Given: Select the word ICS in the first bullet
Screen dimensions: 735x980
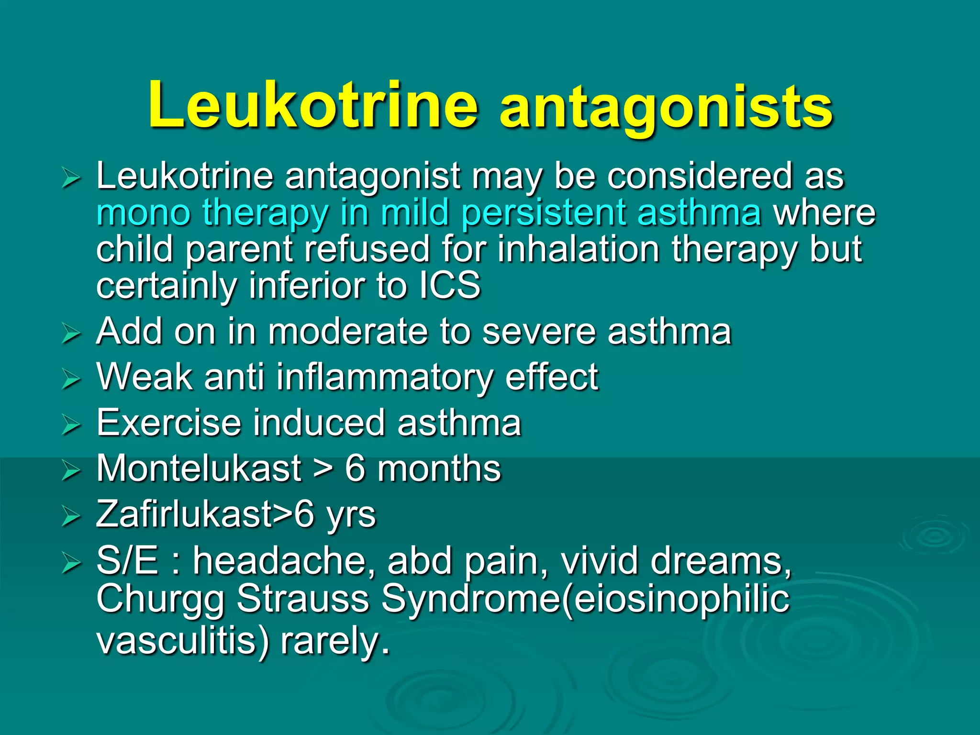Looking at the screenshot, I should (x=450, y=285).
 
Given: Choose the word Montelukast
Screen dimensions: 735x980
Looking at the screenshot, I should (x=199, y=468).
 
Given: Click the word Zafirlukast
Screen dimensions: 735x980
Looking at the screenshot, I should (x=184, y=514).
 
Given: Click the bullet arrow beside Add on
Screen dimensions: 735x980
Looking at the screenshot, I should (x=71, y=334).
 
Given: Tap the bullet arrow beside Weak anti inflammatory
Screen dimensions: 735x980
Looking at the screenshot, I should (x=71, y=379).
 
